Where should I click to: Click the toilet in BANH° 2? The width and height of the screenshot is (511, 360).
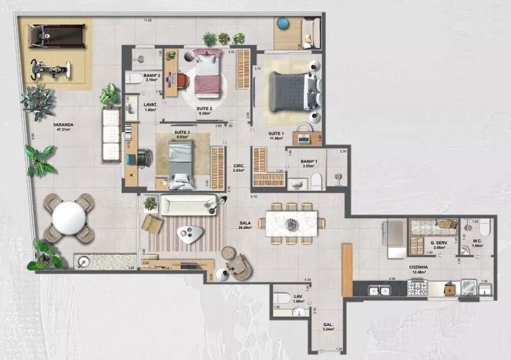click(134, 78)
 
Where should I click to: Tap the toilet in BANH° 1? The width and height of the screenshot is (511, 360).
click(316, 180)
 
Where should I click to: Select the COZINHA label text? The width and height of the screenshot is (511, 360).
click(418, 267)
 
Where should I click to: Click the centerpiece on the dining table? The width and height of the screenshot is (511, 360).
click(291, 223)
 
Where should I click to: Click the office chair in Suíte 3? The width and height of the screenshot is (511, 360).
click(143, 157)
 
